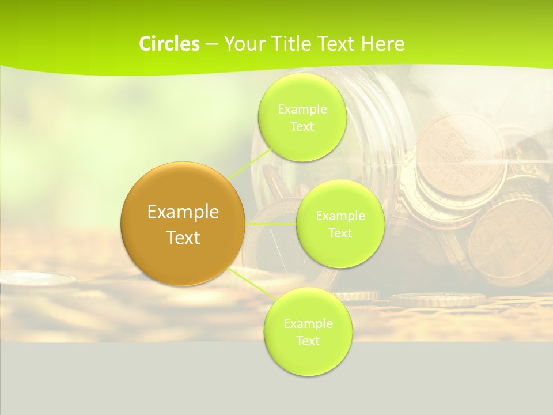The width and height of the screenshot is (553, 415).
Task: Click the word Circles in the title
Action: (x=169, y=44)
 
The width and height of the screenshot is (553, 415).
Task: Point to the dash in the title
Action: (x=211, y=44)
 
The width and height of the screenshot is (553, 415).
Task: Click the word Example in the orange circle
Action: (x=183, y=212)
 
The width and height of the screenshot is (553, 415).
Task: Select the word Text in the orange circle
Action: (x=183, y=237)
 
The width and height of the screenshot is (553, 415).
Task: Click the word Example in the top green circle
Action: (x=302, y=109)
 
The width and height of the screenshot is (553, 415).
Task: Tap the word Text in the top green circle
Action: (x=302, y=127)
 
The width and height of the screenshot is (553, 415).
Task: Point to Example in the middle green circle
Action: (x=340, y=216)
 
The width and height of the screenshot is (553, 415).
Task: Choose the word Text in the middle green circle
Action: (x=340, y=233)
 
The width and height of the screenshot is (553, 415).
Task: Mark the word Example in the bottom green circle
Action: (x=308, y=323)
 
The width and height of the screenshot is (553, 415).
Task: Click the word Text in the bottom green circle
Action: (x=308, y=341)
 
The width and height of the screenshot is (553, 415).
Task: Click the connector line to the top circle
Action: (x=251, y=163)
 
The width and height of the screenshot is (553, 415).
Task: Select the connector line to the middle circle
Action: (x=271, y=223)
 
